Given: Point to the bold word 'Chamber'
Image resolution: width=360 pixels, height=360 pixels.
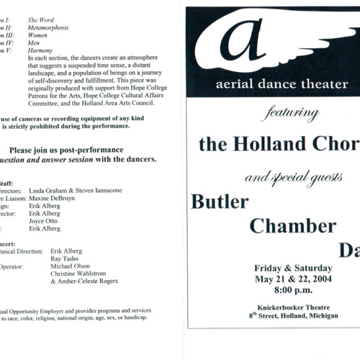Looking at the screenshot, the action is click(x=292, y=225).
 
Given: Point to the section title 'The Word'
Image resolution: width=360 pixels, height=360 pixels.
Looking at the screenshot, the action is click(x=41, y=20).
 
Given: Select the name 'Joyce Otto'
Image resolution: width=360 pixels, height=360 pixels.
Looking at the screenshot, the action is click(x=42, y=220).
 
